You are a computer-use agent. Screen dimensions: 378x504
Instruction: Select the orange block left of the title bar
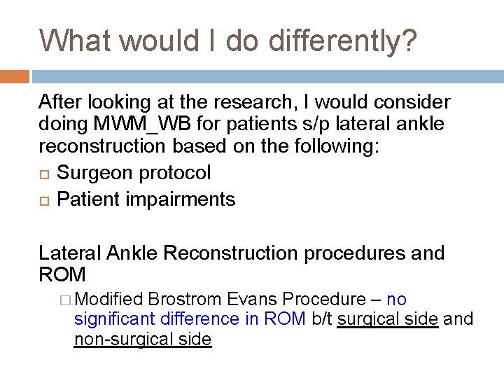[x=15, y=76]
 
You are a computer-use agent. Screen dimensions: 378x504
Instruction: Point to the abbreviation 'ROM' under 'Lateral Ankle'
[x=62, y=274]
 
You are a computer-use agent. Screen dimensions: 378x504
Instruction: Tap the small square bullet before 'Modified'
[x=66, y=300]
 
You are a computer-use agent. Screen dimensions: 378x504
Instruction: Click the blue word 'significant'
[x=115, y=319]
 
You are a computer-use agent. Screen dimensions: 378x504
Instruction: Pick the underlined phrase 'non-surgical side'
[x=142, y=339]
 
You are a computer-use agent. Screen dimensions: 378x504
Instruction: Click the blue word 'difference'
[x=200, y=319]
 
